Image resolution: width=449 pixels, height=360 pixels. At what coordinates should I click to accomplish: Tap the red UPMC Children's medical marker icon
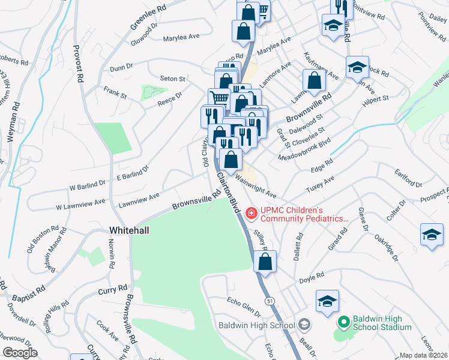click(x=250, y=213)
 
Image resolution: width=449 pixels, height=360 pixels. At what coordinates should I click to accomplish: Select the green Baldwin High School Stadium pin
click(x=343, y=323)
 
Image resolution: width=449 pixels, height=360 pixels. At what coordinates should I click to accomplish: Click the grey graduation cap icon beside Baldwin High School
click(x=305, y=325)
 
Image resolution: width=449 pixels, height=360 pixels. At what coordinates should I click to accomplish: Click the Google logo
click(x=20, y=353)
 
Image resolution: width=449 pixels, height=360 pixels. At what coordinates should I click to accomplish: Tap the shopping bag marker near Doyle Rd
click(x=264, y=262)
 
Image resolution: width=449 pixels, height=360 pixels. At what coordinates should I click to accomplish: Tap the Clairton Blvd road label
click(x=229, y=193)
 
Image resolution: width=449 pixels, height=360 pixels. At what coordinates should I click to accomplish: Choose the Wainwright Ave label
click(x=256, y=186)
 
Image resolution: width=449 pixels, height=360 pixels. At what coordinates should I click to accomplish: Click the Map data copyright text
click(x=424, y=355)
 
